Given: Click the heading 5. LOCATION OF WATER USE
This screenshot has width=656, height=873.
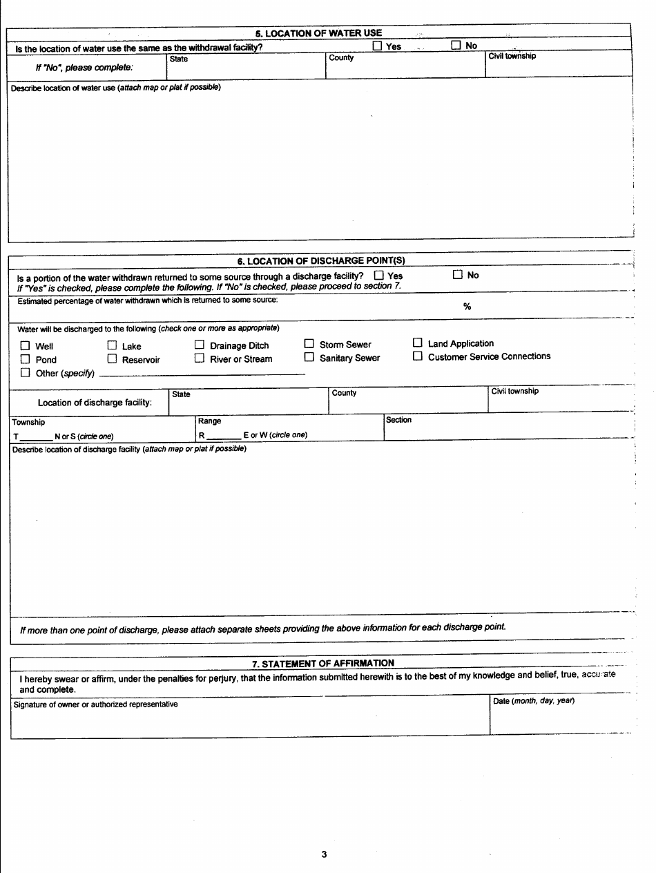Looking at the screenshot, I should [318, 32].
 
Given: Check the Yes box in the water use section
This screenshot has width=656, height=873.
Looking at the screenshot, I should [377, 46].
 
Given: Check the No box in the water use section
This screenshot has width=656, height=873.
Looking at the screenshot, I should [456, 46].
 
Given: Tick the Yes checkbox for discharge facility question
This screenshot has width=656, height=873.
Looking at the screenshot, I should [378, 276].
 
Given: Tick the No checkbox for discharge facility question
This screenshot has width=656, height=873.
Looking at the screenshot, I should [457, 274].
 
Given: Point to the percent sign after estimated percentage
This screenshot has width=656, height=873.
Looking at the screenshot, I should [467, 307].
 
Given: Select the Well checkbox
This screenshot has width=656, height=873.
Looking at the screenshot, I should [25, 346].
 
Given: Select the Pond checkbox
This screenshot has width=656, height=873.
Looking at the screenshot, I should [25, 359].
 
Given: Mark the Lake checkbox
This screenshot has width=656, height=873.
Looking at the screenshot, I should [112, 345].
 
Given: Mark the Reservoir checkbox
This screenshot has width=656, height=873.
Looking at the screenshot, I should [112, 359].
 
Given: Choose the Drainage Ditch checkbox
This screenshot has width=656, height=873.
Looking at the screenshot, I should [199, 345].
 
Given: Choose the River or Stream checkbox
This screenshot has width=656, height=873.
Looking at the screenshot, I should [199, 358].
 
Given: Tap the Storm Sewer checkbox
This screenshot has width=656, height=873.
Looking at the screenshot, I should [309, 344].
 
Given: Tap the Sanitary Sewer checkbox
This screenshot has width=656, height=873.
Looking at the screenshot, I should [309, 358].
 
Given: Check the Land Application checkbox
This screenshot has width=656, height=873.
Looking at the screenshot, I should [417, 343].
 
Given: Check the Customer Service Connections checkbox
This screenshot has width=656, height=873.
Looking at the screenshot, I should [417, 356].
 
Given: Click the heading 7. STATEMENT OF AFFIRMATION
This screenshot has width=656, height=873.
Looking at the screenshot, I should [322, 664].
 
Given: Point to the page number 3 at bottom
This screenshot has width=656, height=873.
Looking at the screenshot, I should [324, 854].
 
